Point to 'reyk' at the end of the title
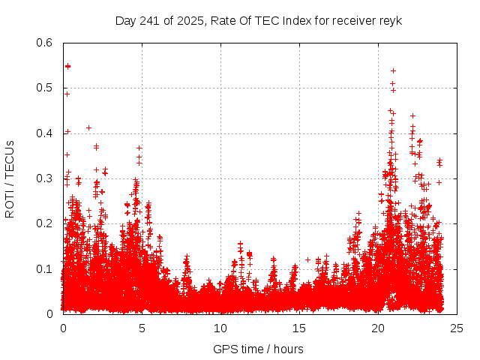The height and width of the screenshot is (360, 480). pos(389,20)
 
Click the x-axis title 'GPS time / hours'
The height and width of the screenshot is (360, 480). pos(258,349)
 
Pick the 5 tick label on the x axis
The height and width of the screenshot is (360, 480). pos(142,328)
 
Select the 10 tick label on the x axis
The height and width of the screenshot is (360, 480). pos(220,328)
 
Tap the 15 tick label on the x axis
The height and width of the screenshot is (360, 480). pos(299,328)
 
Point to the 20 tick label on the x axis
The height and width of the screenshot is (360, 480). pos(378,328)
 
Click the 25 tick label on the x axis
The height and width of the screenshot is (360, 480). pos(457,328)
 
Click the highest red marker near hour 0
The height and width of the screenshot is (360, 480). pos(67,66)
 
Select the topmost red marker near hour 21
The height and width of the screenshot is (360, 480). pos(393,70)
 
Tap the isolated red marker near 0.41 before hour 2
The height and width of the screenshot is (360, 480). pos(88,127)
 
